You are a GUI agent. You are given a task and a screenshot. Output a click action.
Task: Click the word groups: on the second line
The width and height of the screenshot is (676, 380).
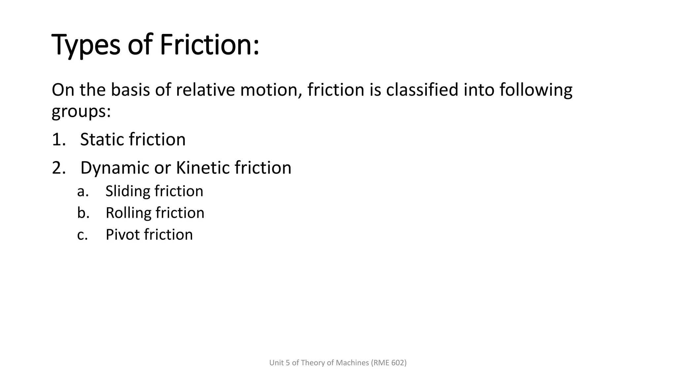(x=81, y=111)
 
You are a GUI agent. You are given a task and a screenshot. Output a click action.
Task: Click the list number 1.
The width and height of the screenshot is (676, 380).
(x=58, y=140)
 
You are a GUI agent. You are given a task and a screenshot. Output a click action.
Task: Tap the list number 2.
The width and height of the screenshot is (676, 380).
(x=59, y=168)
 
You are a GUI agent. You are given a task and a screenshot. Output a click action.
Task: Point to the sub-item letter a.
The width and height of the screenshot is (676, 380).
(x=83, y=191)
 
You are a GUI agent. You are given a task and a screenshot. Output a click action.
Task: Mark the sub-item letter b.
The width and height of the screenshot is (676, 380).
(x=83, y=213)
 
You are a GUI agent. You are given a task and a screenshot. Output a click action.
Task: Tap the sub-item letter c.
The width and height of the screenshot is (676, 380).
(x=83, y=235)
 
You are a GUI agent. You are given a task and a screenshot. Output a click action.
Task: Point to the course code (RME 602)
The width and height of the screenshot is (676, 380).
(x=389, y=363)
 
